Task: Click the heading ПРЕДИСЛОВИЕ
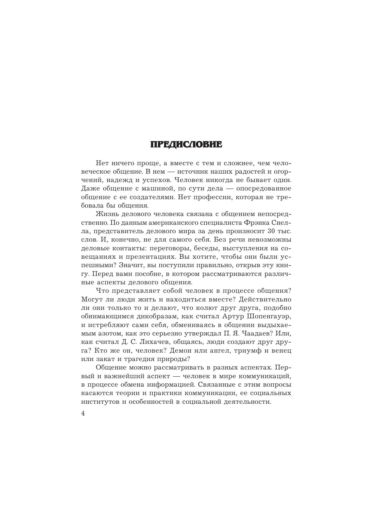[186, 145]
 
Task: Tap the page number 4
[83, 413]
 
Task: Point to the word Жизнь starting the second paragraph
[106, 214]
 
